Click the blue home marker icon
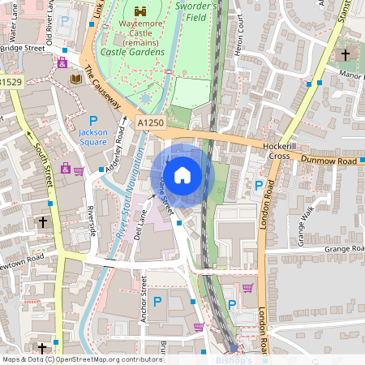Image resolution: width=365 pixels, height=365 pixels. tap(182, 174)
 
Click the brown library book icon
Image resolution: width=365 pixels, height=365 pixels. tap(76, 79)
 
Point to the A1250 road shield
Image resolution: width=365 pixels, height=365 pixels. tap(150, 121)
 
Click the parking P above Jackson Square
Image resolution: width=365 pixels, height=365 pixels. tap(93, 121)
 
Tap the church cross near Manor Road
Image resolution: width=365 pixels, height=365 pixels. tap(345, 54)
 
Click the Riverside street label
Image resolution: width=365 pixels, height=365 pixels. tap(91, 218)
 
